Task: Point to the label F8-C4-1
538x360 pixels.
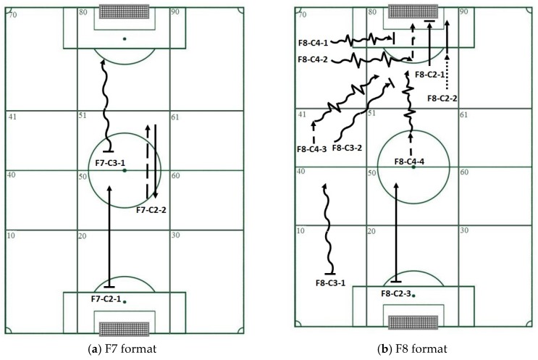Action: coord(314,43)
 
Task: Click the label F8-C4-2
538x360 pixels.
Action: coord(314,59)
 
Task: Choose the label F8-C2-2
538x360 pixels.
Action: coord(443,98)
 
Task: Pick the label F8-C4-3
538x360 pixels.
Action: coord(314,149)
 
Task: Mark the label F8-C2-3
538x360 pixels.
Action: coord(398,293)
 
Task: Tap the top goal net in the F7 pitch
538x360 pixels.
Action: coord(124,12)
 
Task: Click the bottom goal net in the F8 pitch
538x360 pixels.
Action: coord(413,322)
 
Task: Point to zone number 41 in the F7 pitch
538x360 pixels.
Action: coord(12,116)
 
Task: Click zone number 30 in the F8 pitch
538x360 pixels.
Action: coord(463,230)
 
